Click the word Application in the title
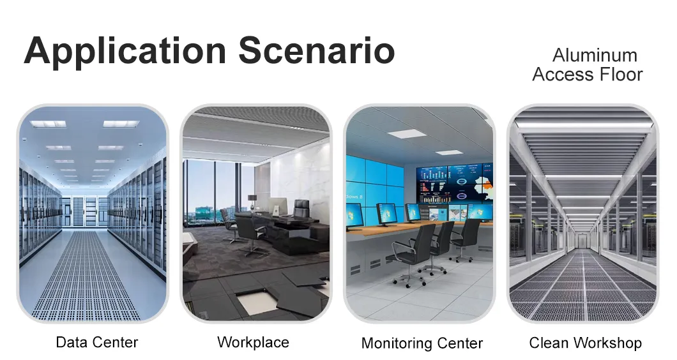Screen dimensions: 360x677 point(125,51)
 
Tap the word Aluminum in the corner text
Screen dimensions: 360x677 point(595,55)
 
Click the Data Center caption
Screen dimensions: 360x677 point(97,342)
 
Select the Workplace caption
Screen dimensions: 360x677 point(253,342)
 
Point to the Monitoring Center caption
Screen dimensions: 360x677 point(422,343)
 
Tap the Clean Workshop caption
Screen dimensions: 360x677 point(585,343)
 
